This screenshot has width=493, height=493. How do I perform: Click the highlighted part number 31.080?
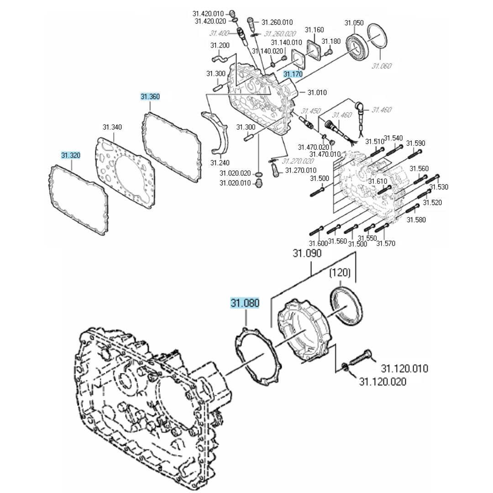click(245, 303)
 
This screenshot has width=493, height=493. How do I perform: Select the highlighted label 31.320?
click(71, 156)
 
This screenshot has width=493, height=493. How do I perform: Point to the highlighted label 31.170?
click(293, 74)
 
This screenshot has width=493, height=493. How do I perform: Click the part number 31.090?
click(307, 253)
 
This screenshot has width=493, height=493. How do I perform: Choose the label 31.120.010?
click(404, 368)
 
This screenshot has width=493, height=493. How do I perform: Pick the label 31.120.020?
click(383, 382)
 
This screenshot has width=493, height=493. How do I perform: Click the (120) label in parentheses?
click(340, 273)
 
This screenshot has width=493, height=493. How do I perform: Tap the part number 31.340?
click(112, 127)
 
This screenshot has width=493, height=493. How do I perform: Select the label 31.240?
click(220, 163)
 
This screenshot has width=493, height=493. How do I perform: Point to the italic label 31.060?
click(382, 66)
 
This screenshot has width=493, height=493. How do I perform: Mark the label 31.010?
click(317, 93)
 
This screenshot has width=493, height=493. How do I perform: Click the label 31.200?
click(220, 45)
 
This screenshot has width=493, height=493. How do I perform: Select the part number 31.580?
click(416, 220)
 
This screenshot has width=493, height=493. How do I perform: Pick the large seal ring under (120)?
click(347, 306)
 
